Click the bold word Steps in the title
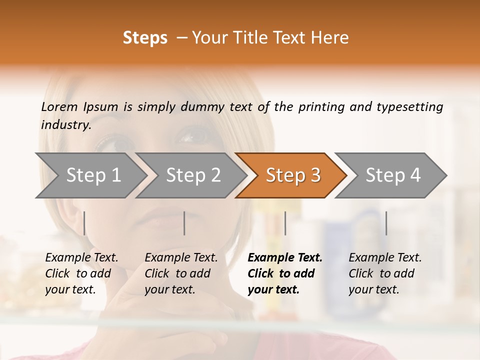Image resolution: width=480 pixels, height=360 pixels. tap(145, 38)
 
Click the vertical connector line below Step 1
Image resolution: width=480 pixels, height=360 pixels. tap(84, 223)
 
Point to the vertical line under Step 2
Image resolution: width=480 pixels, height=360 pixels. tap(184, 223)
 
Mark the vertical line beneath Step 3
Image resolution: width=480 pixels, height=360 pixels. tap(285, 223)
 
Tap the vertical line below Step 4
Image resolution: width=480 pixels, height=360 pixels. tap(386, 223)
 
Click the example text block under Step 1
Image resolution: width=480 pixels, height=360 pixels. tap(81, 273)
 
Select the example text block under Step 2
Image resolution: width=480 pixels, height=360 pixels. tap(181, 273)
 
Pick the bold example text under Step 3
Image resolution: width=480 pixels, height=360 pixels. tap(284, 273)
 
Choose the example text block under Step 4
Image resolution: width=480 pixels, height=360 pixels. tap(385, 273)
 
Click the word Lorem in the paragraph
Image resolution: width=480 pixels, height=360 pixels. tap(59, 106)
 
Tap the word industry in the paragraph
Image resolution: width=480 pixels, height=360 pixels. tap(66, 124)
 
